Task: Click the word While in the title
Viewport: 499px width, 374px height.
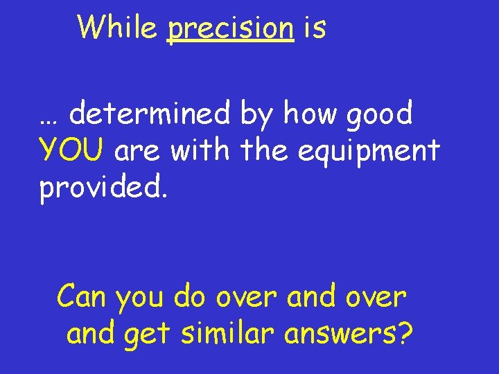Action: [x=118, y=28]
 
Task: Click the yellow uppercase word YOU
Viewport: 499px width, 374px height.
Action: [x=72, y=150]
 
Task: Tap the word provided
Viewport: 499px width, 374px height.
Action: [x=103, y=186]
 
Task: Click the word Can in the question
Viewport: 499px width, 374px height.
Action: [x=82, y=297]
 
